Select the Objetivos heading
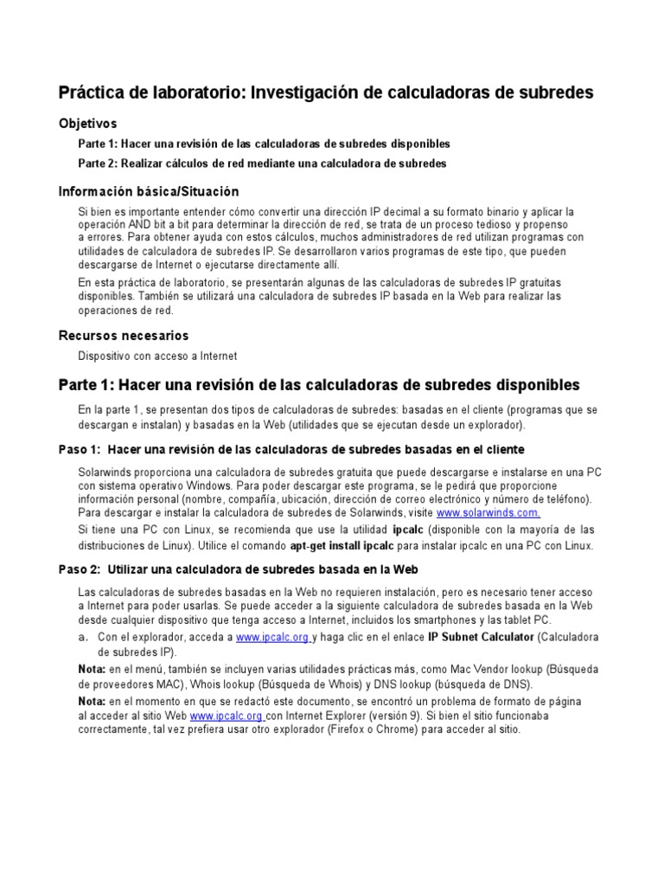click(87, 124)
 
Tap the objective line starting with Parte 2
click(263, 164)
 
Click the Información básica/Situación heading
click(148, 191)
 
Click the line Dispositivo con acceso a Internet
click(157, 356)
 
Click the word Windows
click(207, 486)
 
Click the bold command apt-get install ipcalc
click(342, 546)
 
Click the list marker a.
click(84, 637)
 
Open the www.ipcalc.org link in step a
click(272, 638)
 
